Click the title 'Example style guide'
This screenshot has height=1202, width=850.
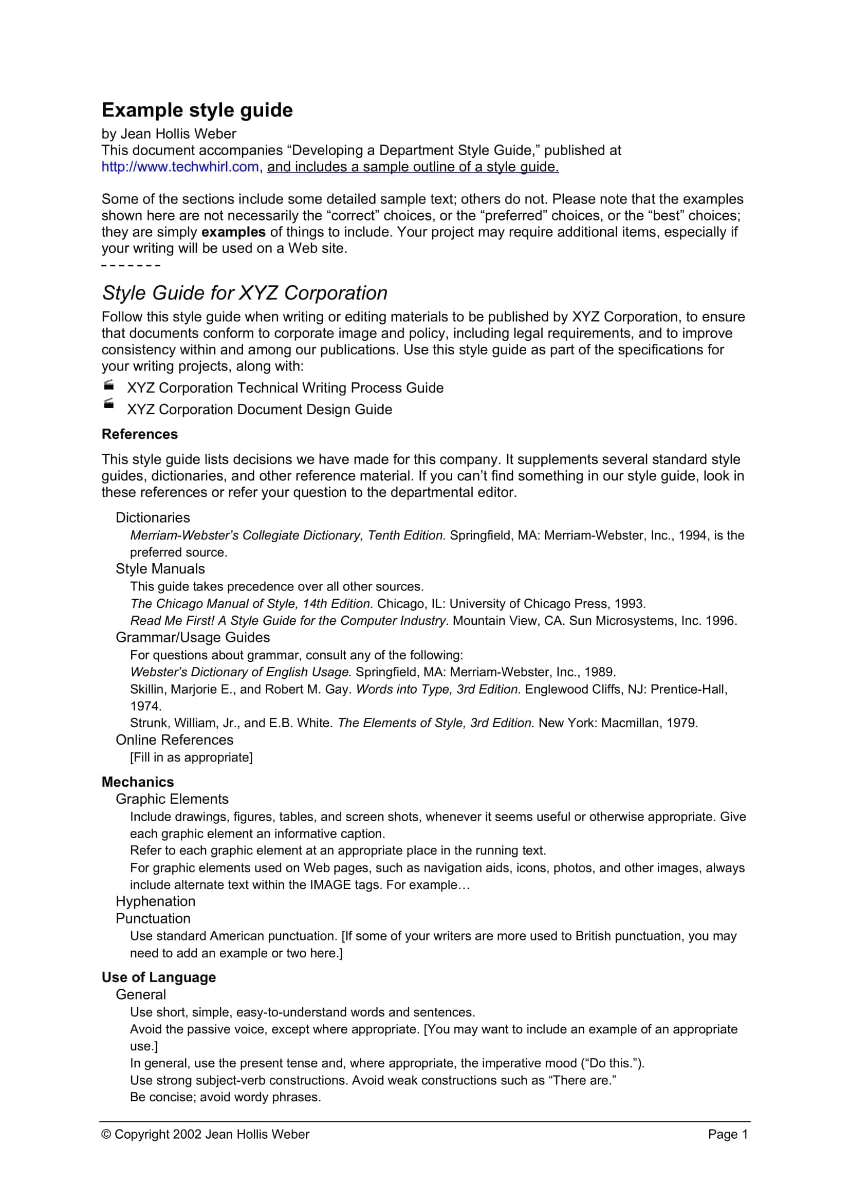click(x=197, y=110)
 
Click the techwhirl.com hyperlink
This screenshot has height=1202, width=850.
click(x=180, y=167)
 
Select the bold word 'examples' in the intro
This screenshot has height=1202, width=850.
click(x=233, y=232)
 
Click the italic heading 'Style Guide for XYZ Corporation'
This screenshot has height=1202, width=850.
click(x=245, y=292)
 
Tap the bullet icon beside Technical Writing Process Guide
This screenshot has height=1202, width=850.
click(x=108, y=386)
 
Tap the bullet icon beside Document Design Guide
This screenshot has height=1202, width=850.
click(x=108, y=403)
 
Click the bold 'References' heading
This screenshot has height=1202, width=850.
click(x=139, y=434)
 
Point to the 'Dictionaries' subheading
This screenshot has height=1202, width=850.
click(x=152, y=517)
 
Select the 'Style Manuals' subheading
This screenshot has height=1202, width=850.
click(x=160, y=568)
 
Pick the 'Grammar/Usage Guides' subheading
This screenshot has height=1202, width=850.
click(x=193, y=637)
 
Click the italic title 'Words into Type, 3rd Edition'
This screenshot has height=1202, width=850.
click(x=438, y=689)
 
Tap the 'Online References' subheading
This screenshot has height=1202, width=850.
click(x=174, y=739)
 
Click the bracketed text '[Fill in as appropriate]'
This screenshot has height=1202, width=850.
click(x=191, y=757)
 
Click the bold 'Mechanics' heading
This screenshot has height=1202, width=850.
click(x=138, y=782)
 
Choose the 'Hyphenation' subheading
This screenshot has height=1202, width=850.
click(x=155, y=901)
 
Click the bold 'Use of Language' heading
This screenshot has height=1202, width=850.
click(x=159, y=977)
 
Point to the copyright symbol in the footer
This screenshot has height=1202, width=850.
click(x=106, y=1134)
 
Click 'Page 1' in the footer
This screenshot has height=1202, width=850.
click(x=728, y=1134)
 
